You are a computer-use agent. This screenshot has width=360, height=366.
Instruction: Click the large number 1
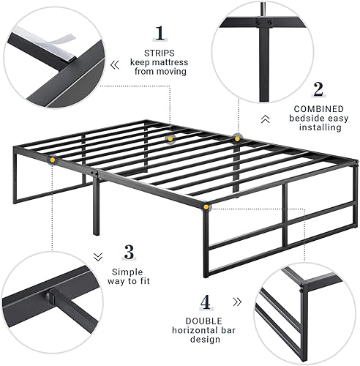coord(158,33)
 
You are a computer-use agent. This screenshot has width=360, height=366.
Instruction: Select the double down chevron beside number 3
coord(98,256)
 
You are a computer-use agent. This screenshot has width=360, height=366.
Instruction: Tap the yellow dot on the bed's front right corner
coord(206,208)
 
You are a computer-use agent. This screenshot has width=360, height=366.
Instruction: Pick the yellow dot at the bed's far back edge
coord(238,136)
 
